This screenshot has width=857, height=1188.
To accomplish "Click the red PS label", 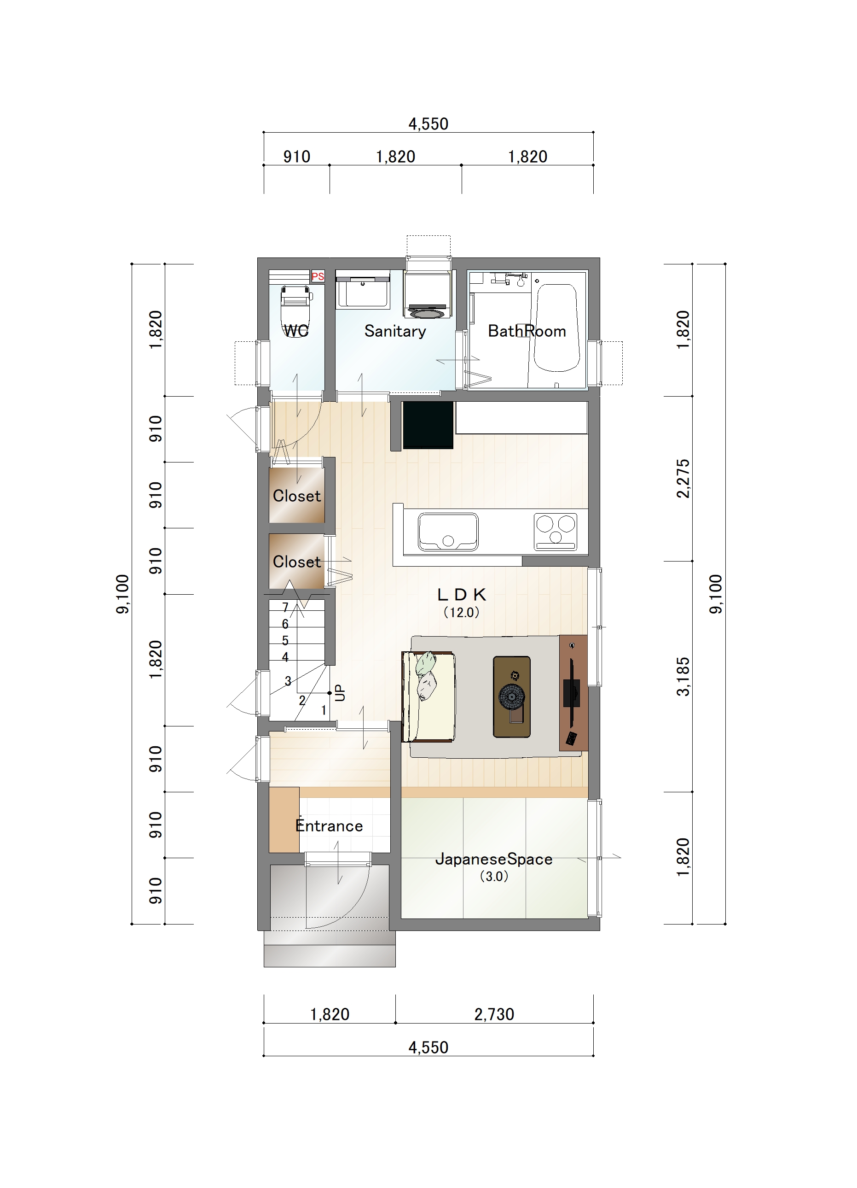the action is (318, 276).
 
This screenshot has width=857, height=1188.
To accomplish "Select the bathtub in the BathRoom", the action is (556, 328).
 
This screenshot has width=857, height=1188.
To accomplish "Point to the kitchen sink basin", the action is (448, 532).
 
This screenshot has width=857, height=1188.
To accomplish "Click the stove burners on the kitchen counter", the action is (556, 532).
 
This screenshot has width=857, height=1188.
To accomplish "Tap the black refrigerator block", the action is (428, 425).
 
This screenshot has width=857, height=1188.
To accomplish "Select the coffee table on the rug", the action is (511, 696).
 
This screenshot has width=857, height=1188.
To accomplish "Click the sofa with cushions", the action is (428, 696).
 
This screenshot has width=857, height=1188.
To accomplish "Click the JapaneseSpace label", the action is (494, 859).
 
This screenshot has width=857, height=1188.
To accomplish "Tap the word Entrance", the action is (329, 825).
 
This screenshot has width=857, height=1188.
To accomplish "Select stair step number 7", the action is (285, 607).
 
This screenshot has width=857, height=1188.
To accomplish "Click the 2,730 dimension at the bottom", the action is (494, 1015).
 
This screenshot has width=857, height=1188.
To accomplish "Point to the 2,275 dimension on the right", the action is (683, 479).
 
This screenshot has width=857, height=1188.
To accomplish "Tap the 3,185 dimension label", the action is (683, 677).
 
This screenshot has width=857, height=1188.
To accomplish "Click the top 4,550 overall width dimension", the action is (428, 124).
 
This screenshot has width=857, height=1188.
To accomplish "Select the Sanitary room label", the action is (395, 331).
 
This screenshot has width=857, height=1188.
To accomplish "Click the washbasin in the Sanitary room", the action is (362, 289).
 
